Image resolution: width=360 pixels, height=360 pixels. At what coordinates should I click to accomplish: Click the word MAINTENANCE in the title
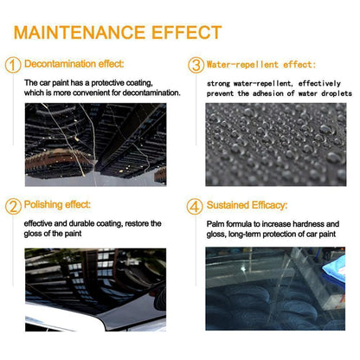(80, 32)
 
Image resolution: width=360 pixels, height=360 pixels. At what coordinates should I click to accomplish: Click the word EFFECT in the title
(187, 32)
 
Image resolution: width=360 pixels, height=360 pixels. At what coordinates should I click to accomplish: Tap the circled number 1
(13, 65)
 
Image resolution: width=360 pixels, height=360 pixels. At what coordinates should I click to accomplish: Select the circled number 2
(13, 206)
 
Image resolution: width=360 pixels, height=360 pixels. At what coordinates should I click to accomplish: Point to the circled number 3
(196, 65)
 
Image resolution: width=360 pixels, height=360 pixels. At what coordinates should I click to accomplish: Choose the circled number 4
(195, 207)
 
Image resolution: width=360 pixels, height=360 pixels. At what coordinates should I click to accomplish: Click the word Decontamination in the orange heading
(60, 64)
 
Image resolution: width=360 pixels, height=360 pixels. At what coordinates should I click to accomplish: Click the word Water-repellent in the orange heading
(242, 65)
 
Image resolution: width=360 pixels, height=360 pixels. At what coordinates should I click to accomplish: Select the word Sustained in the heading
(228, 205)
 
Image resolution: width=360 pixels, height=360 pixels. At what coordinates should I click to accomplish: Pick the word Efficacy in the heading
(269, 205)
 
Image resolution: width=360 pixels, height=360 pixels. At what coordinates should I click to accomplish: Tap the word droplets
(337, 93)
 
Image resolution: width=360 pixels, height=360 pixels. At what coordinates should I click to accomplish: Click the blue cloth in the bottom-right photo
(335, 270)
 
